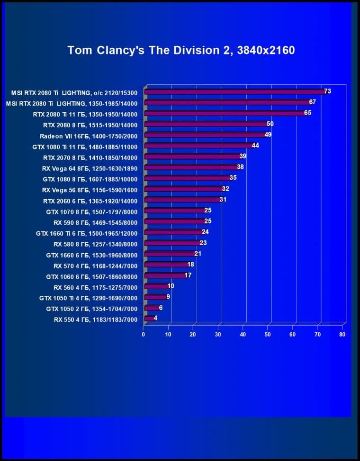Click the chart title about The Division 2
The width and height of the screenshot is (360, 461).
click(x=181, y=50)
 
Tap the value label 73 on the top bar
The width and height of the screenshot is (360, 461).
click(x=327, y=91)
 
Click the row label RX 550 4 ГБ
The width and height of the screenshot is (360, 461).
click(x=96, y=320)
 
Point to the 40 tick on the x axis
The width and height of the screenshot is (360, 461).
click(x=243, y=334)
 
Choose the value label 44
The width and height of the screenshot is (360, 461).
click(x=255, y=145)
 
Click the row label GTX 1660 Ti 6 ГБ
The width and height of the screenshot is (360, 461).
click(x=87, y=233)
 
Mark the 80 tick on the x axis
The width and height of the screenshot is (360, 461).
click(x=342, y=334)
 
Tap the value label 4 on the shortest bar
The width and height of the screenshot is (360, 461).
click(x=155, y=318)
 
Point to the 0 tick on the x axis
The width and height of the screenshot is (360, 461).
click(x=144, y=334)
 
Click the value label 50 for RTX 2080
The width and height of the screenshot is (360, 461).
click(x=270, y=124)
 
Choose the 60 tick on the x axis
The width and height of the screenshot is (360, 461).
click(x=293, y=334)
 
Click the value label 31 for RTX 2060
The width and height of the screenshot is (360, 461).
click(x=223, y=200)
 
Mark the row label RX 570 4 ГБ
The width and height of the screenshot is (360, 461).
click(x=95, y=266)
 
